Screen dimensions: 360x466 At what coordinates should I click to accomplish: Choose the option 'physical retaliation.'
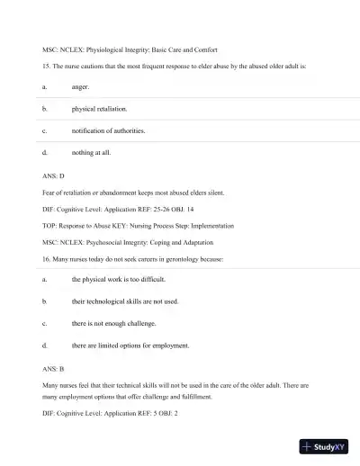pyautogui.click(x=99, y=109)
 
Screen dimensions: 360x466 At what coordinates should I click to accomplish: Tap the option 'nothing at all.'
pyautogui.click(x=92, y=153)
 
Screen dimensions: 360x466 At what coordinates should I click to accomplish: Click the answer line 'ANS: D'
pyautogui.click(x=54, y=176)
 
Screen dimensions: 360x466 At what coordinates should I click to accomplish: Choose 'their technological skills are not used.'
pyautogui.click(x=125, y=301)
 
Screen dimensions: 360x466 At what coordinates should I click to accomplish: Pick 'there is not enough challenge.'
pyautogui.click(x=113, y=323)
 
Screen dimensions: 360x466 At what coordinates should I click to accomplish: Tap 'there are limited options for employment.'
pyautogui.click(x=130, y=345)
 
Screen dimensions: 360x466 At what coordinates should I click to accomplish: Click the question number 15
pyautogui.click(x=46, y=66)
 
